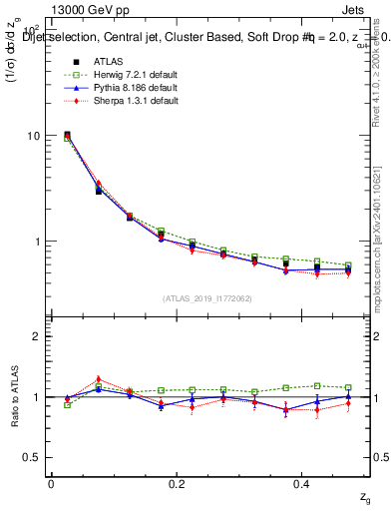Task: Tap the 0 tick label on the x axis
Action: (52, 484)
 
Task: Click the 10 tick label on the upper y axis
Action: (33, 136)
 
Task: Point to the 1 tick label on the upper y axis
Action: (36, 242)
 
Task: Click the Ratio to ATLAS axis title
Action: (14, 397)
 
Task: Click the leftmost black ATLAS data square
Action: (67, 134)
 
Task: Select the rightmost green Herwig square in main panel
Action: (347, 265)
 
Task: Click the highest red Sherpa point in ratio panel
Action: (98, 379)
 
